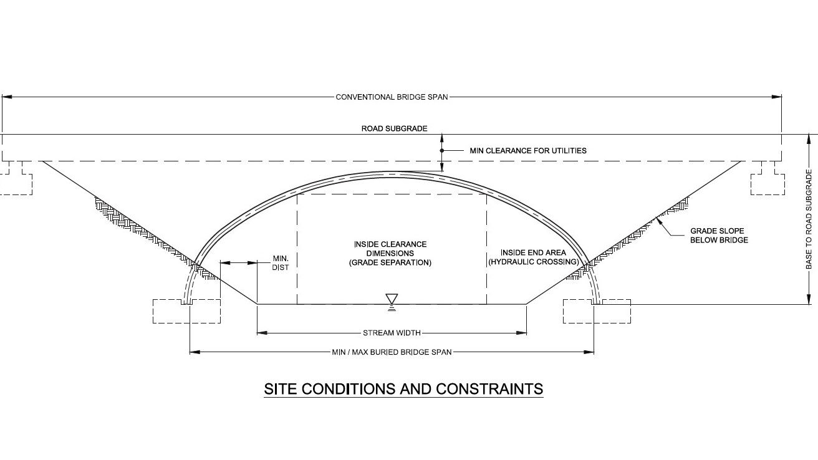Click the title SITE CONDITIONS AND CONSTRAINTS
[x=403, y=389]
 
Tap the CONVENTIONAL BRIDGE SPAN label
[x=392, y=97]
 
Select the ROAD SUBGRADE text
[x=395, y=128]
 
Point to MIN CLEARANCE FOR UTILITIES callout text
[x=528, y=150]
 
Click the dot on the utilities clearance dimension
[x=442, y=150]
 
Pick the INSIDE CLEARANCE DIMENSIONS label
[x=390, y=253]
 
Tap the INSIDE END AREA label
[x=534, y=257]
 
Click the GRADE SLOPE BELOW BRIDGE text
[x=719, y=236]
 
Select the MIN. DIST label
[x=281, y=263]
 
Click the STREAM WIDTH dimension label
[x=392, y=333]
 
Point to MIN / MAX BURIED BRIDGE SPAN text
[x=392, y=352]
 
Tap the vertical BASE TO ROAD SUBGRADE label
[x=809, y=219]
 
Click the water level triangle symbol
[x=392, y=298]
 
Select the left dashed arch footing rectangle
[x=186, y=311]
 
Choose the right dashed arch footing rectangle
[x=597, y=311]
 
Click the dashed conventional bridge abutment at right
[x=767, y=179]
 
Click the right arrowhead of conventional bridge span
[x=777, y=97]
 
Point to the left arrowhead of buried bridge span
[x=195, y=352]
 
